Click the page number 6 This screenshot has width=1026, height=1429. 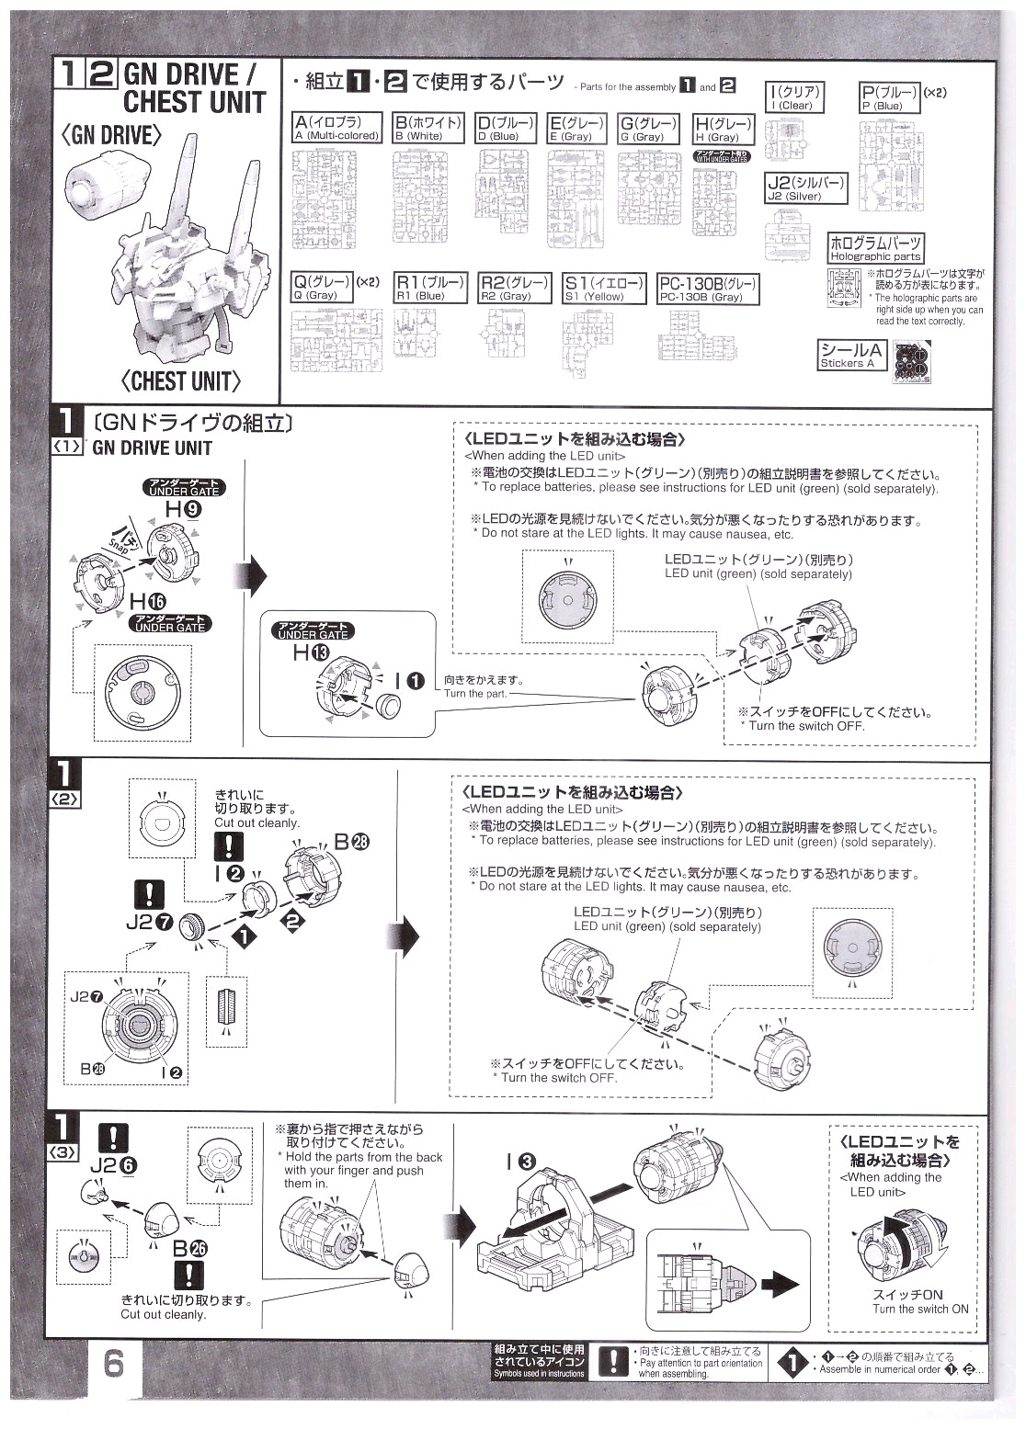pos(114,1363)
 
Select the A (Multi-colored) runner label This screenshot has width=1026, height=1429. pos(336,128)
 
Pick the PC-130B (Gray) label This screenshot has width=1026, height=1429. pos(708,289)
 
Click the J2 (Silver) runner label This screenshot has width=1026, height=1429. pos(804,188)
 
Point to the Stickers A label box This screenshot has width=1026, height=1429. pos(852,355)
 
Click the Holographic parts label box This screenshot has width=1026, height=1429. pos(875,248)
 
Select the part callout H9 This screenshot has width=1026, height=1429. pos(179,508)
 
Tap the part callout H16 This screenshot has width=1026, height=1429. pos(148,603)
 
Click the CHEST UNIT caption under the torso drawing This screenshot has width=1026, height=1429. pos(180,380)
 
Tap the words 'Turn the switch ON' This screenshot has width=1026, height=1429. pos(920,1309)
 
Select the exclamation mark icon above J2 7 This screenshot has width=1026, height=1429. pos(149,893)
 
